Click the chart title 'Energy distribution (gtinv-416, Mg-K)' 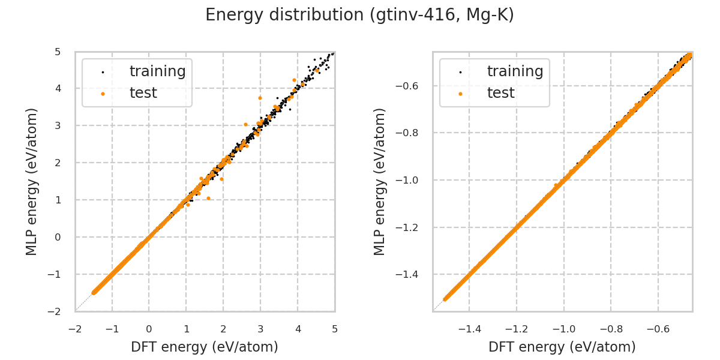(360, 15)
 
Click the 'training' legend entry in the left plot (157, 71)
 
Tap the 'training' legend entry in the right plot (515, 71)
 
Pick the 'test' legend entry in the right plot (500, 93)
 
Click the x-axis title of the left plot (205, 347)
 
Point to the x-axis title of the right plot (562, 347)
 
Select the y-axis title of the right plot (380, 181)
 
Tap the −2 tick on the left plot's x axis (75, 329)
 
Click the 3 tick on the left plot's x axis (260, 329)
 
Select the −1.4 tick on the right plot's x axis (469, 329)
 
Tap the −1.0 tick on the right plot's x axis (564, 329)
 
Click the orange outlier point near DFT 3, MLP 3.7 (260, 98)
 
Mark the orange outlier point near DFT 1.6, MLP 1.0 (208, 198)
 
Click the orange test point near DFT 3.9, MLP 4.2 (294, 80)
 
